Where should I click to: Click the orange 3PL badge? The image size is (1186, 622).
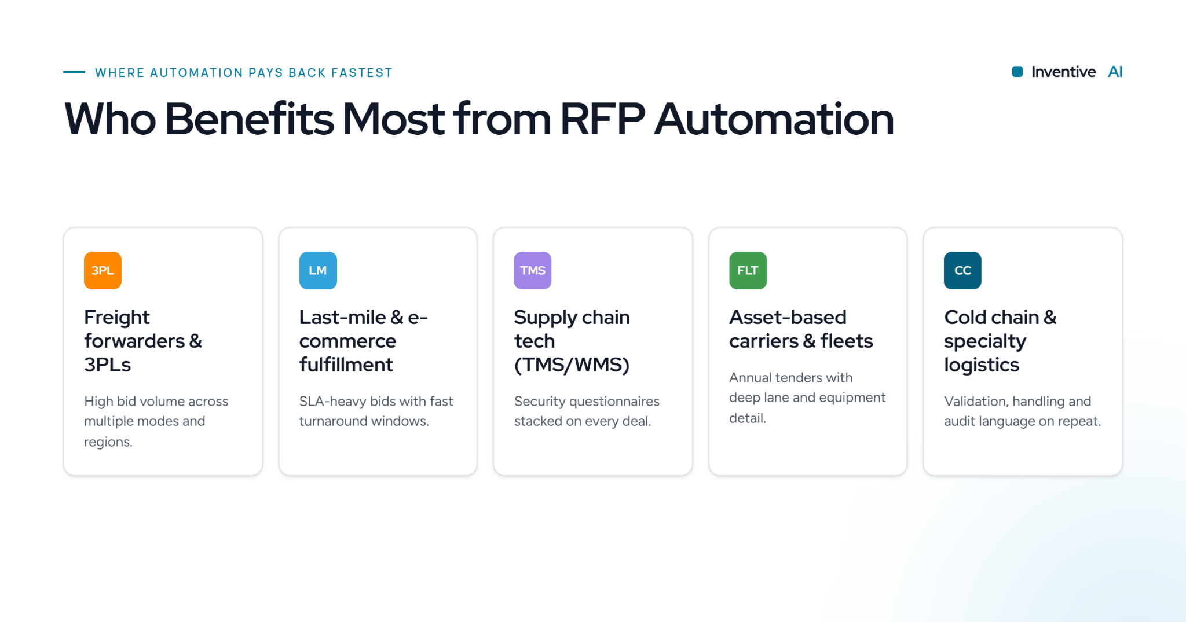coord(103,270)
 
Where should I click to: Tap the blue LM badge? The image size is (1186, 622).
coord(318,270)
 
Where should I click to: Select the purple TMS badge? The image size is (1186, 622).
coord(533,270)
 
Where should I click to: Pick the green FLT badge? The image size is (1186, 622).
coord(748,270)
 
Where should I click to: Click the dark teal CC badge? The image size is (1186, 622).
coord(962,270)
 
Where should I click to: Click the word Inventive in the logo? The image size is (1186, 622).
coord(1063,72)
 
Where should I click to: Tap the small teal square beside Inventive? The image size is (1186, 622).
coord(1017,72)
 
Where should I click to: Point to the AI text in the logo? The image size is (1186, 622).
coord(1115,72)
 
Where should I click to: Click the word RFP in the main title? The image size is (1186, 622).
coord(602,119)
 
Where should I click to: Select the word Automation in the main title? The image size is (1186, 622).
coord(774,119)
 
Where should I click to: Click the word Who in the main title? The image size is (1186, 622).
coord(110,119)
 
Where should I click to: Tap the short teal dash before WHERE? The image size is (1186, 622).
coord(74,72)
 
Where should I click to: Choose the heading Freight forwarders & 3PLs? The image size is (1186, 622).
coord(143,341)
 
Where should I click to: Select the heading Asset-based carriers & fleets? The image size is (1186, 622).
coord(801,329)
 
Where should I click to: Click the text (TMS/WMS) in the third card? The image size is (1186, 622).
coord(572,365)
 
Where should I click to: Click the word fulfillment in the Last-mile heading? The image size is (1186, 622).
coord(346,365)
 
